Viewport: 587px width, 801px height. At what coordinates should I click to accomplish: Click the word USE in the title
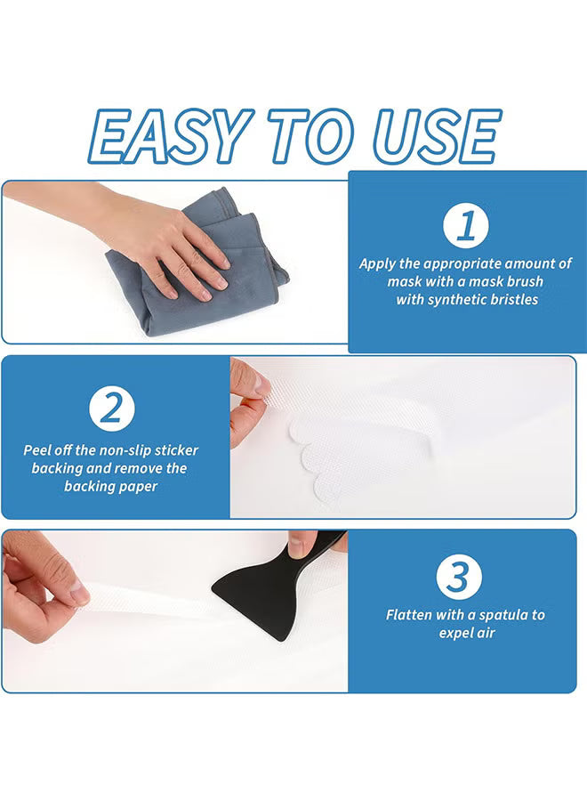pyautogui.click(x=436, y=138)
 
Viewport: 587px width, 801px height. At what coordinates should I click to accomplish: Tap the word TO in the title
pyautogui.click(x=309, y=138)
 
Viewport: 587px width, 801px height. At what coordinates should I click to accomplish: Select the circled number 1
pyautogui.click(x=466, y=227)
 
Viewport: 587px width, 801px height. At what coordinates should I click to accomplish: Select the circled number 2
pyautogui.click(x=112, y=409)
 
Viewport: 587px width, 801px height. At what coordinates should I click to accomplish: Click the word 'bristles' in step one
pyautogui.click(x=509, y=300)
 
